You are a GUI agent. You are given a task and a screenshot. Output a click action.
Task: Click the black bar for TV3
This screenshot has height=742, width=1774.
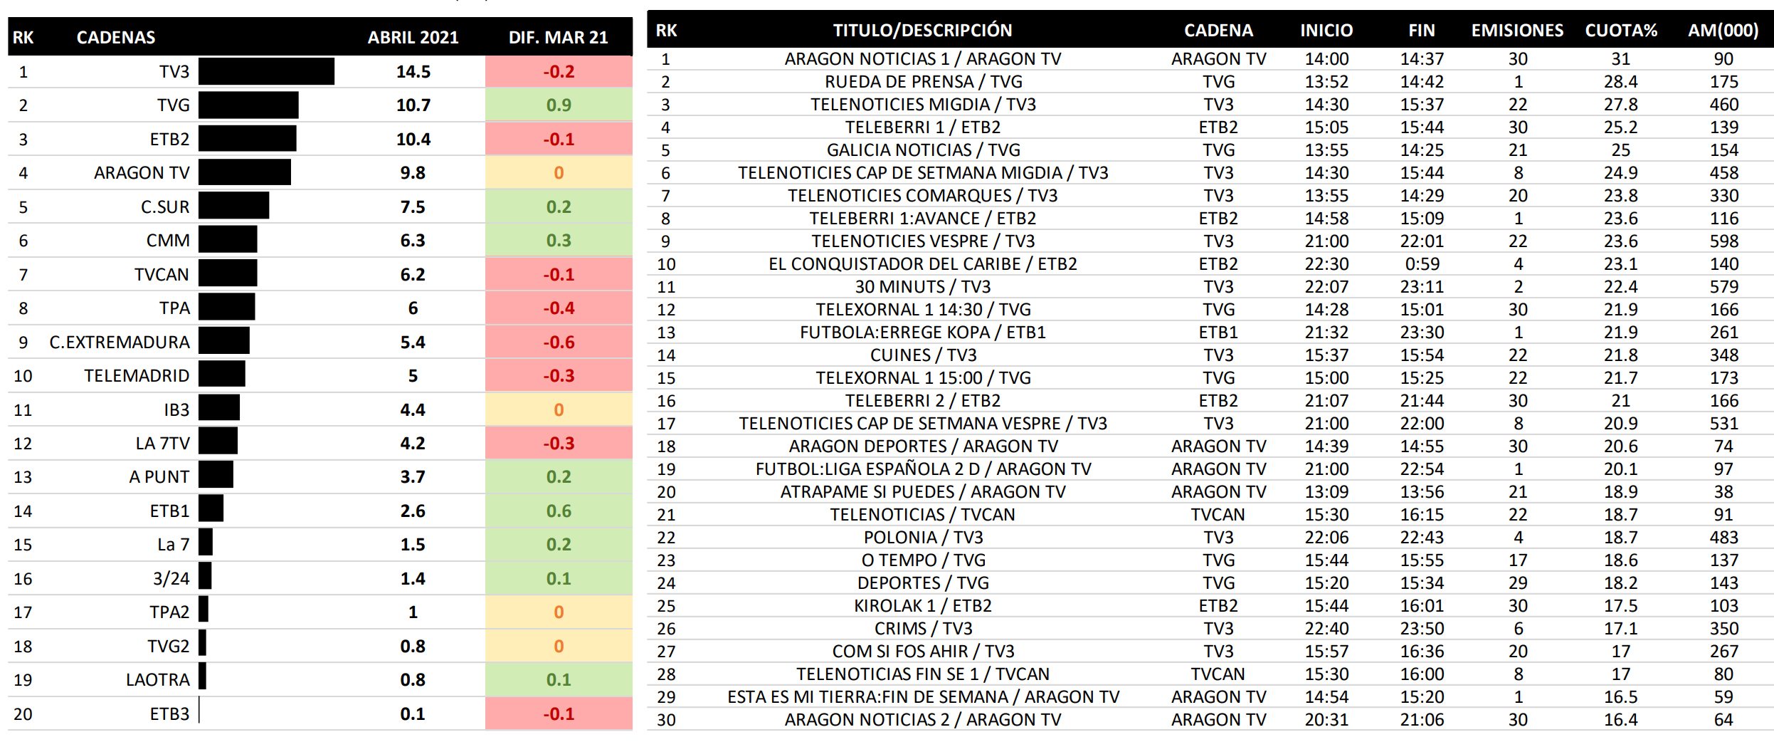[x=266, y=72]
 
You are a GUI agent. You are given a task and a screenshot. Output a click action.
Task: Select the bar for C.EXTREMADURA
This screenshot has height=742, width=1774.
[x=224, y=342]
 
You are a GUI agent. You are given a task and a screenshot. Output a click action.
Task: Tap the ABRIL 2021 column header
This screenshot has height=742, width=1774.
[x=413, y=37]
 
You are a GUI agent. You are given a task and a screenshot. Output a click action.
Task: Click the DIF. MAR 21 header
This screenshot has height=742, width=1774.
[x=558, y=37]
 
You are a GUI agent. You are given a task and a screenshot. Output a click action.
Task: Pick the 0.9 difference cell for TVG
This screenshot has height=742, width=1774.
[x=559, y=105]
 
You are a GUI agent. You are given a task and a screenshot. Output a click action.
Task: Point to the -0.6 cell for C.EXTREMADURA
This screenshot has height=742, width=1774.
[x=559, y=343]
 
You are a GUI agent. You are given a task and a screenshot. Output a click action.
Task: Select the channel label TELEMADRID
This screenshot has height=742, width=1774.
[x=137, y=376]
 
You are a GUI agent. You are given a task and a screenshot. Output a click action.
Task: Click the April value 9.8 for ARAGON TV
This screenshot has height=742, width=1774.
[x=413, y=173]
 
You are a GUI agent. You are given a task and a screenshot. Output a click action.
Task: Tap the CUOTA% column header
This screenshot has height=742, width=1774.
[x=1620, y=31]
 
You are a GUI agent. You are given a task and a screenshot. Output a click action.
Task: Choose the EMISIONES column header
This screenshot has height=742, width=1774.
[x=1517, y=31]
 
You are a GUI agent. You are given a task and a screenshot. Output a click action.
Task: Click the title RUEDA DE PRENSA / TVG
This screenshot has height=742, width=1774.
[x=923, y=82]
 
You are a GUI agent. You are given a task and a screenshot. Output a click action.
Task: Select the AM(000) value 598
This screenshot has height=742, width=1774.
[x=1723, y=241]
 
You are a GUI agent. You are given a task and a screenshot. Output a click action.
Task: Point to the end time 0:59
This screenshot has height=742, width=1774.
[x=1422, y=264]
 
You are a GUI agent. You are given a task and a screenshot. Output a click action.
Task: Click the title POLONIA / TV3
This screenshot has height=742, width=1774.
[x=923, y=538]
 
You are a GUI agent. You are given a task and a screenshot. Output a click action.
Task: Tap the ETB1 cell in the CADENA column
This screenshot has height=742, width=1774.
[x=1218, y=333]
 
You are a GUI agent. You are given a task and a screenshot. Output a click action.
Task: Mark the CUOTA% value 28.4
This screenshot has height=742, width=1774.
[x=1620, y=82]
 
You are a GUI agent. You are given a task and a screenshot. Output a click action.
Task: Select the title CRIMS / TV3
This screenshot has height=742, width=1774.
[x=923, y=629]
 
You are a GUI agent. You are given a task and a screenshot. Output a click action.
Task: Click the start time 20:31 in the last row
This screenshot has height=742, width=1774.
[x=1326, y=720]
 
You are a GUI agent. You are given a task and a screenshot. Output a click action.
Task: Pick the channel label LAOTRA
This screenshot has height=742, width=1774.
[x=157, y=680]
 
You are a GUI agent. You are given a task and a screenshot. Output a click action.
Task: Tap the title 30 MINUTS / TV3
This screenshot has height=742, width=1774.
[x=923, y=287]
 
